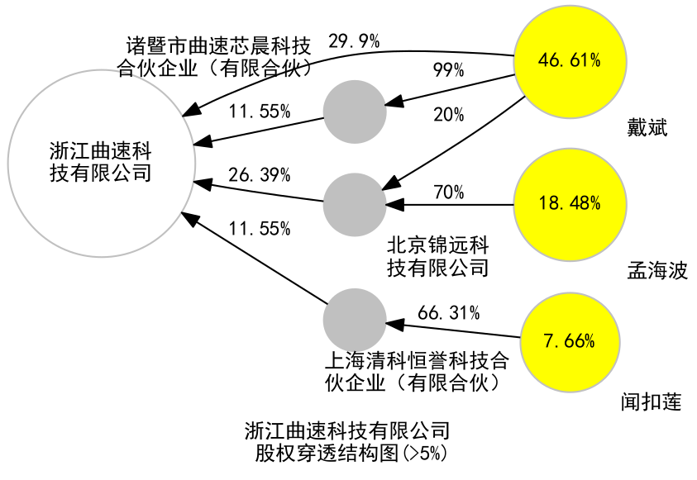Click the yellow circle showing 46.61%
(568, 60)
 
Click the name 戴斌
(647, 129)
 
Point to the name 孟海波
(657, 270)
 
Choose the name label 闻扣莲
(651, 402)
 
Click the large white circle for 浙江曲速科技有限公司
(101, 161)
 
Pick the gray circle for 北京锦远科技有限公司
(354, 203)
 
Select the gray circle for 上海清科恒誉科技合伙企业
(354, 320)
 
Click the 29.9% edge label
(353, 40)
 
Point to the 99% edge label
(447, 71)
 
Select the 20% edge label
(448, 116)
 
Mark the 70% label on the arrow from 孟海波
(448, 192)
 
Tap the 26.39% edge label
(259, 175)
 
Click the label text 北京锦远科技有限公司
(438, 256)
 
